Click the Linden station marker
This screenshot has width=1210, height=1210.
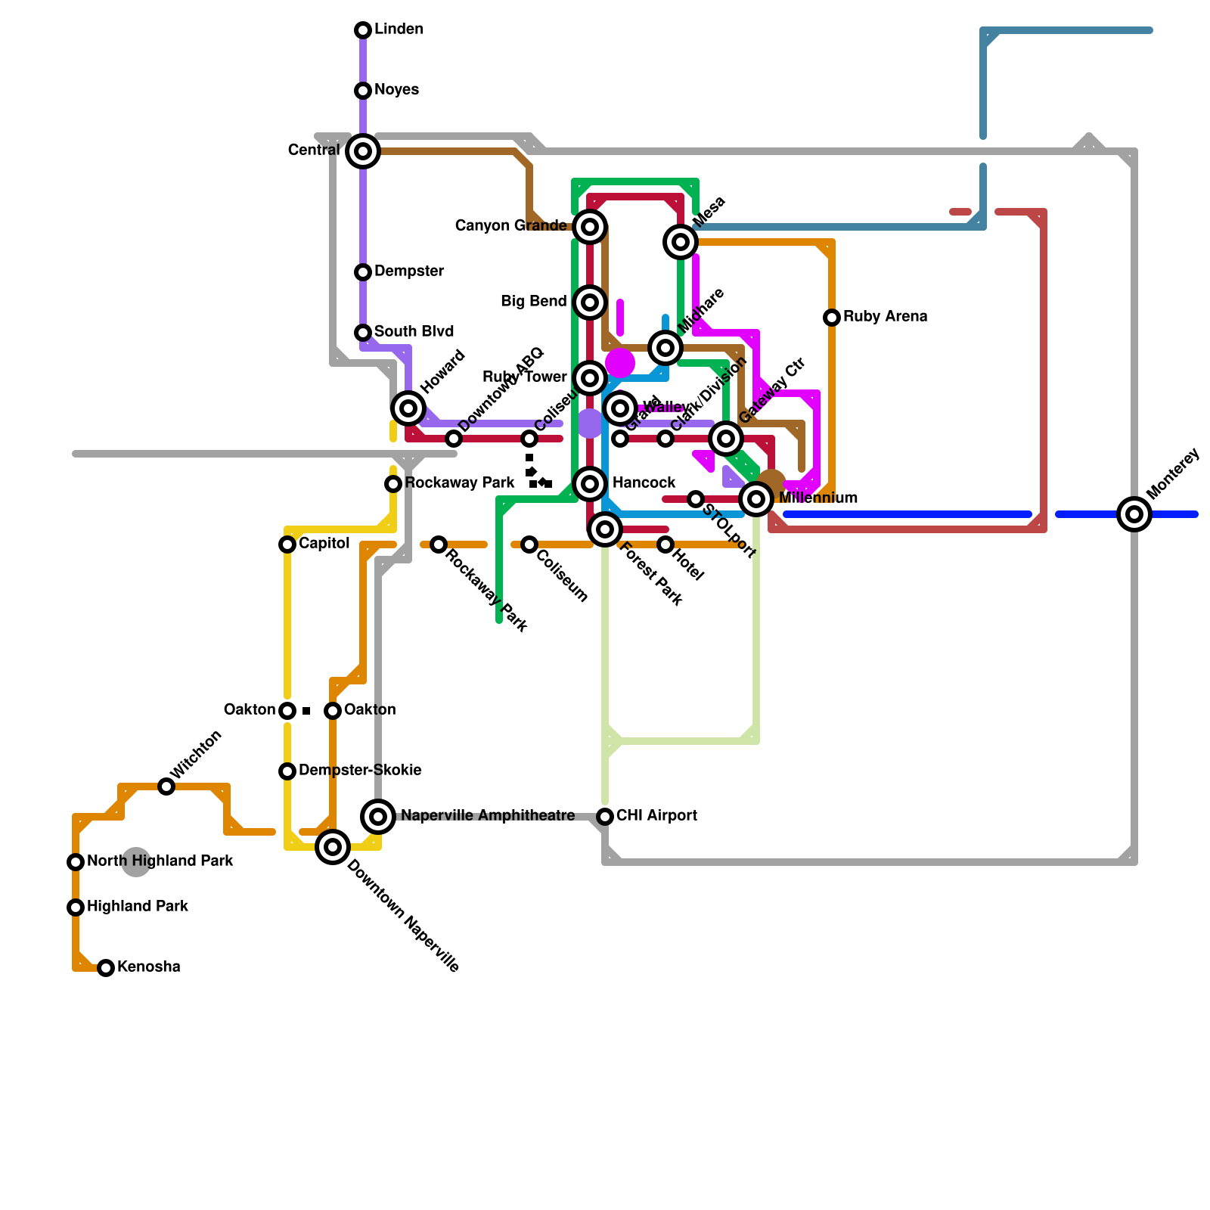(x=363, y=30)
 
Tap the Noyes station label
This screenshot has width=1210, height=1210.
(x=396, y=90)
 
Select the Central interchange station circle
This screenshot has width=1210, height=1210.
(x=363, y=151)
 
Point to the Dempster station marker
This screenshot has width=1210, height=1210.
(x=363, y=272)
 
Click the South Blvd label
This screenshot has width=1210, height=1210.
(x=414, y=332)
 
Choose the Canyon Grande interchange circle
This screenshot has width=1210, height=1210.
(x=590, y=227)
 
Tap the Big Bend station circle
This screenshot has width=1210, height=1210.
(x=590, y=302)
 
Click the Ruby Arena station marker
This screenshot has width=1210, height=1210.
(x=832, y=318)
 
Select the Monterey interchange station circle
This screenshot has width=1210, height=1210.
(x=1134, y=514)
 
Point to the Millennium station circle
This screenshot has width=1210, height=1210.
(x=756, y=499)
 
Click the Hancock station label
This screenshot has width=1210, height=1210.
(x=644, y=483)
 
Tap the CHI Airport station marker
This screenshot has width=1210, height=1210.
(x=605, y=817)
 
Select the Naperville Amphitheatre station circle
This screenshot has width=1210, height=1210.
(x=378, y=817)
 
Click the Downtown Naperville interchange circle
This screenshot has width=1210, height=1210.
(x=333, y=847)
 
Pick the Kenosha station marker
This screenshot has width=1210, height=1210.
(x=106, y=968)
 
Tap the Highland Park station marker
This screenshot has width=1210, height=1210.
(x=76, y=907)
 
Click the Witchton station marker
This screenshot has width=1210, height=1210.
(x=166, y=786)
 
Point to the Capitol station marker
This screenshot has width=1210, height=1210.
(x=287, y=544)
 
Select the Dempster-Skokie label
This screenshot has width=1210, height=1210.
(x=360, y=771)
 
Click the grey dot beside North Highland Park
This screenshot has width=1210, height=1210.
(x=136, y=862)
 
